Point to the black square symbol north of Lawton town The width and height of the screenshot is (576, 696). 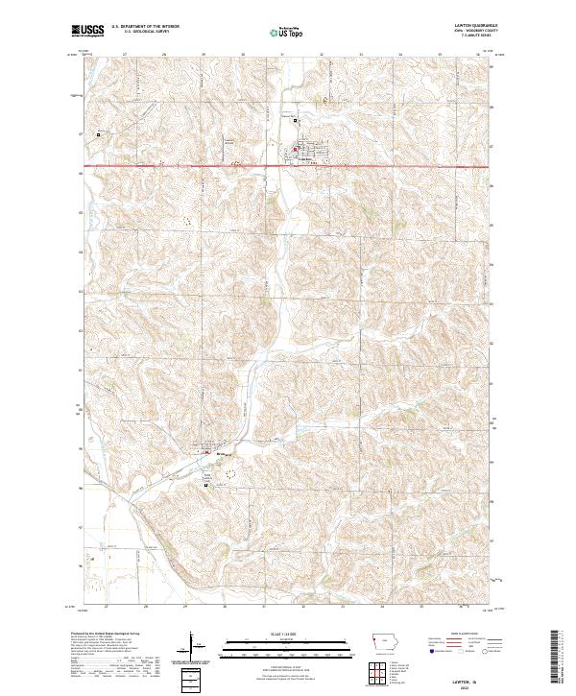(295, 121)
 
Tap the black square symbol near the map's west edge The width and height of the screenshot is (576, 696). (98, 135)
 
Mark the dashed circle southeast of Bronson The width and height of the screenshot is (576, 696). (228, 473)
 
